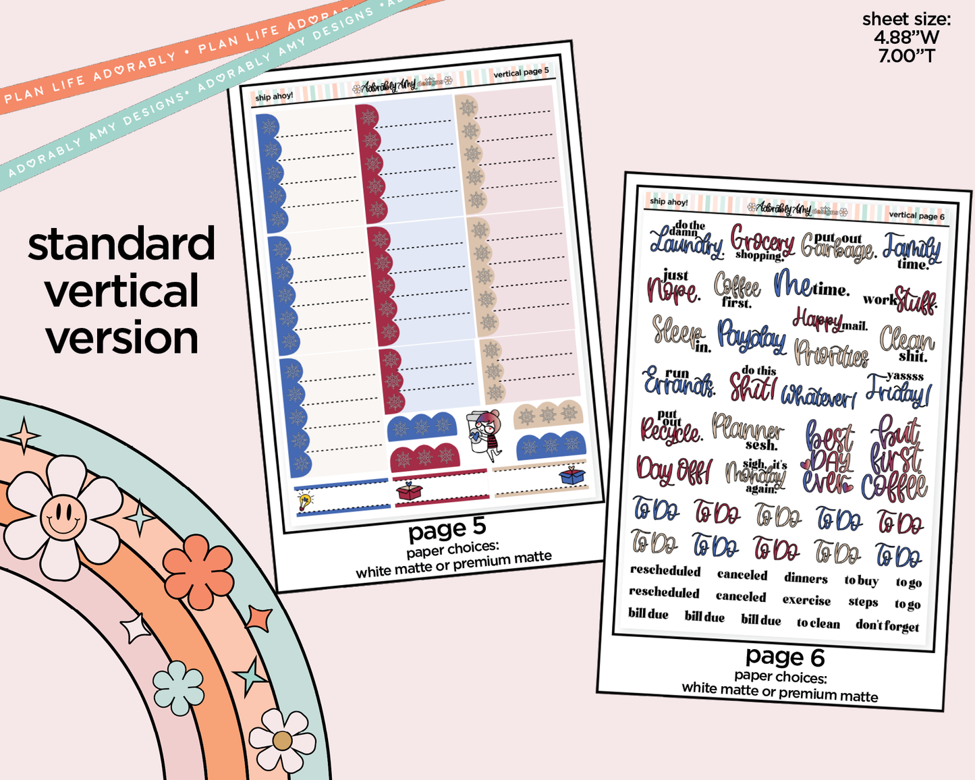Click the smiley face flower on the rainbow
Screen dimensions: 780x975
62,518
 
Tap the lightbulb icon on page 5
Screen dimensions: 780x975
305,500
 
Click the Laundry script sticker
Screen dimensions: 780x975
686,242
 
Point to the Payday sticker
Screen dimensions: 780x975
751,336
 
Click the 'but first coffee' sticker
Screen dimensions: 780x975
895,459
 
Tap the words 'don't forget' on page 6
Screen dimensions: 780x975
887,625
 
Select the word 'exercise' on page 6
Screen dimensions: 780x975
806,600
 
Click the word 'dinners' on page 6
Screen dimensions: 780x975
806,578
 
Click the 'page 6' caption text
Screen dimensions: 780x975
785,656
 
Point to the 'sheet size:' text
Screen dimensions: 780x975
906,20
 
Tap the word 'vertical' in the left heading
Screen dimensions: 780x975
122,291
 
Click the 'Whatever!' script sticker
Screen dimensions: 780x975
818,395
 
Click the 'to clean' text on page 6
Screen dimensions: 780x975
818,623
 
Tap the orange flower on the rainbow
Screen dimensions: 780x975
198,563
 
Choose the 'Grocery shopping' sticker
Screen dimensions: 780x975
762,242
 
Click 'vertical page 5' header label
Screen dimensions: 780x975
521,72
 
